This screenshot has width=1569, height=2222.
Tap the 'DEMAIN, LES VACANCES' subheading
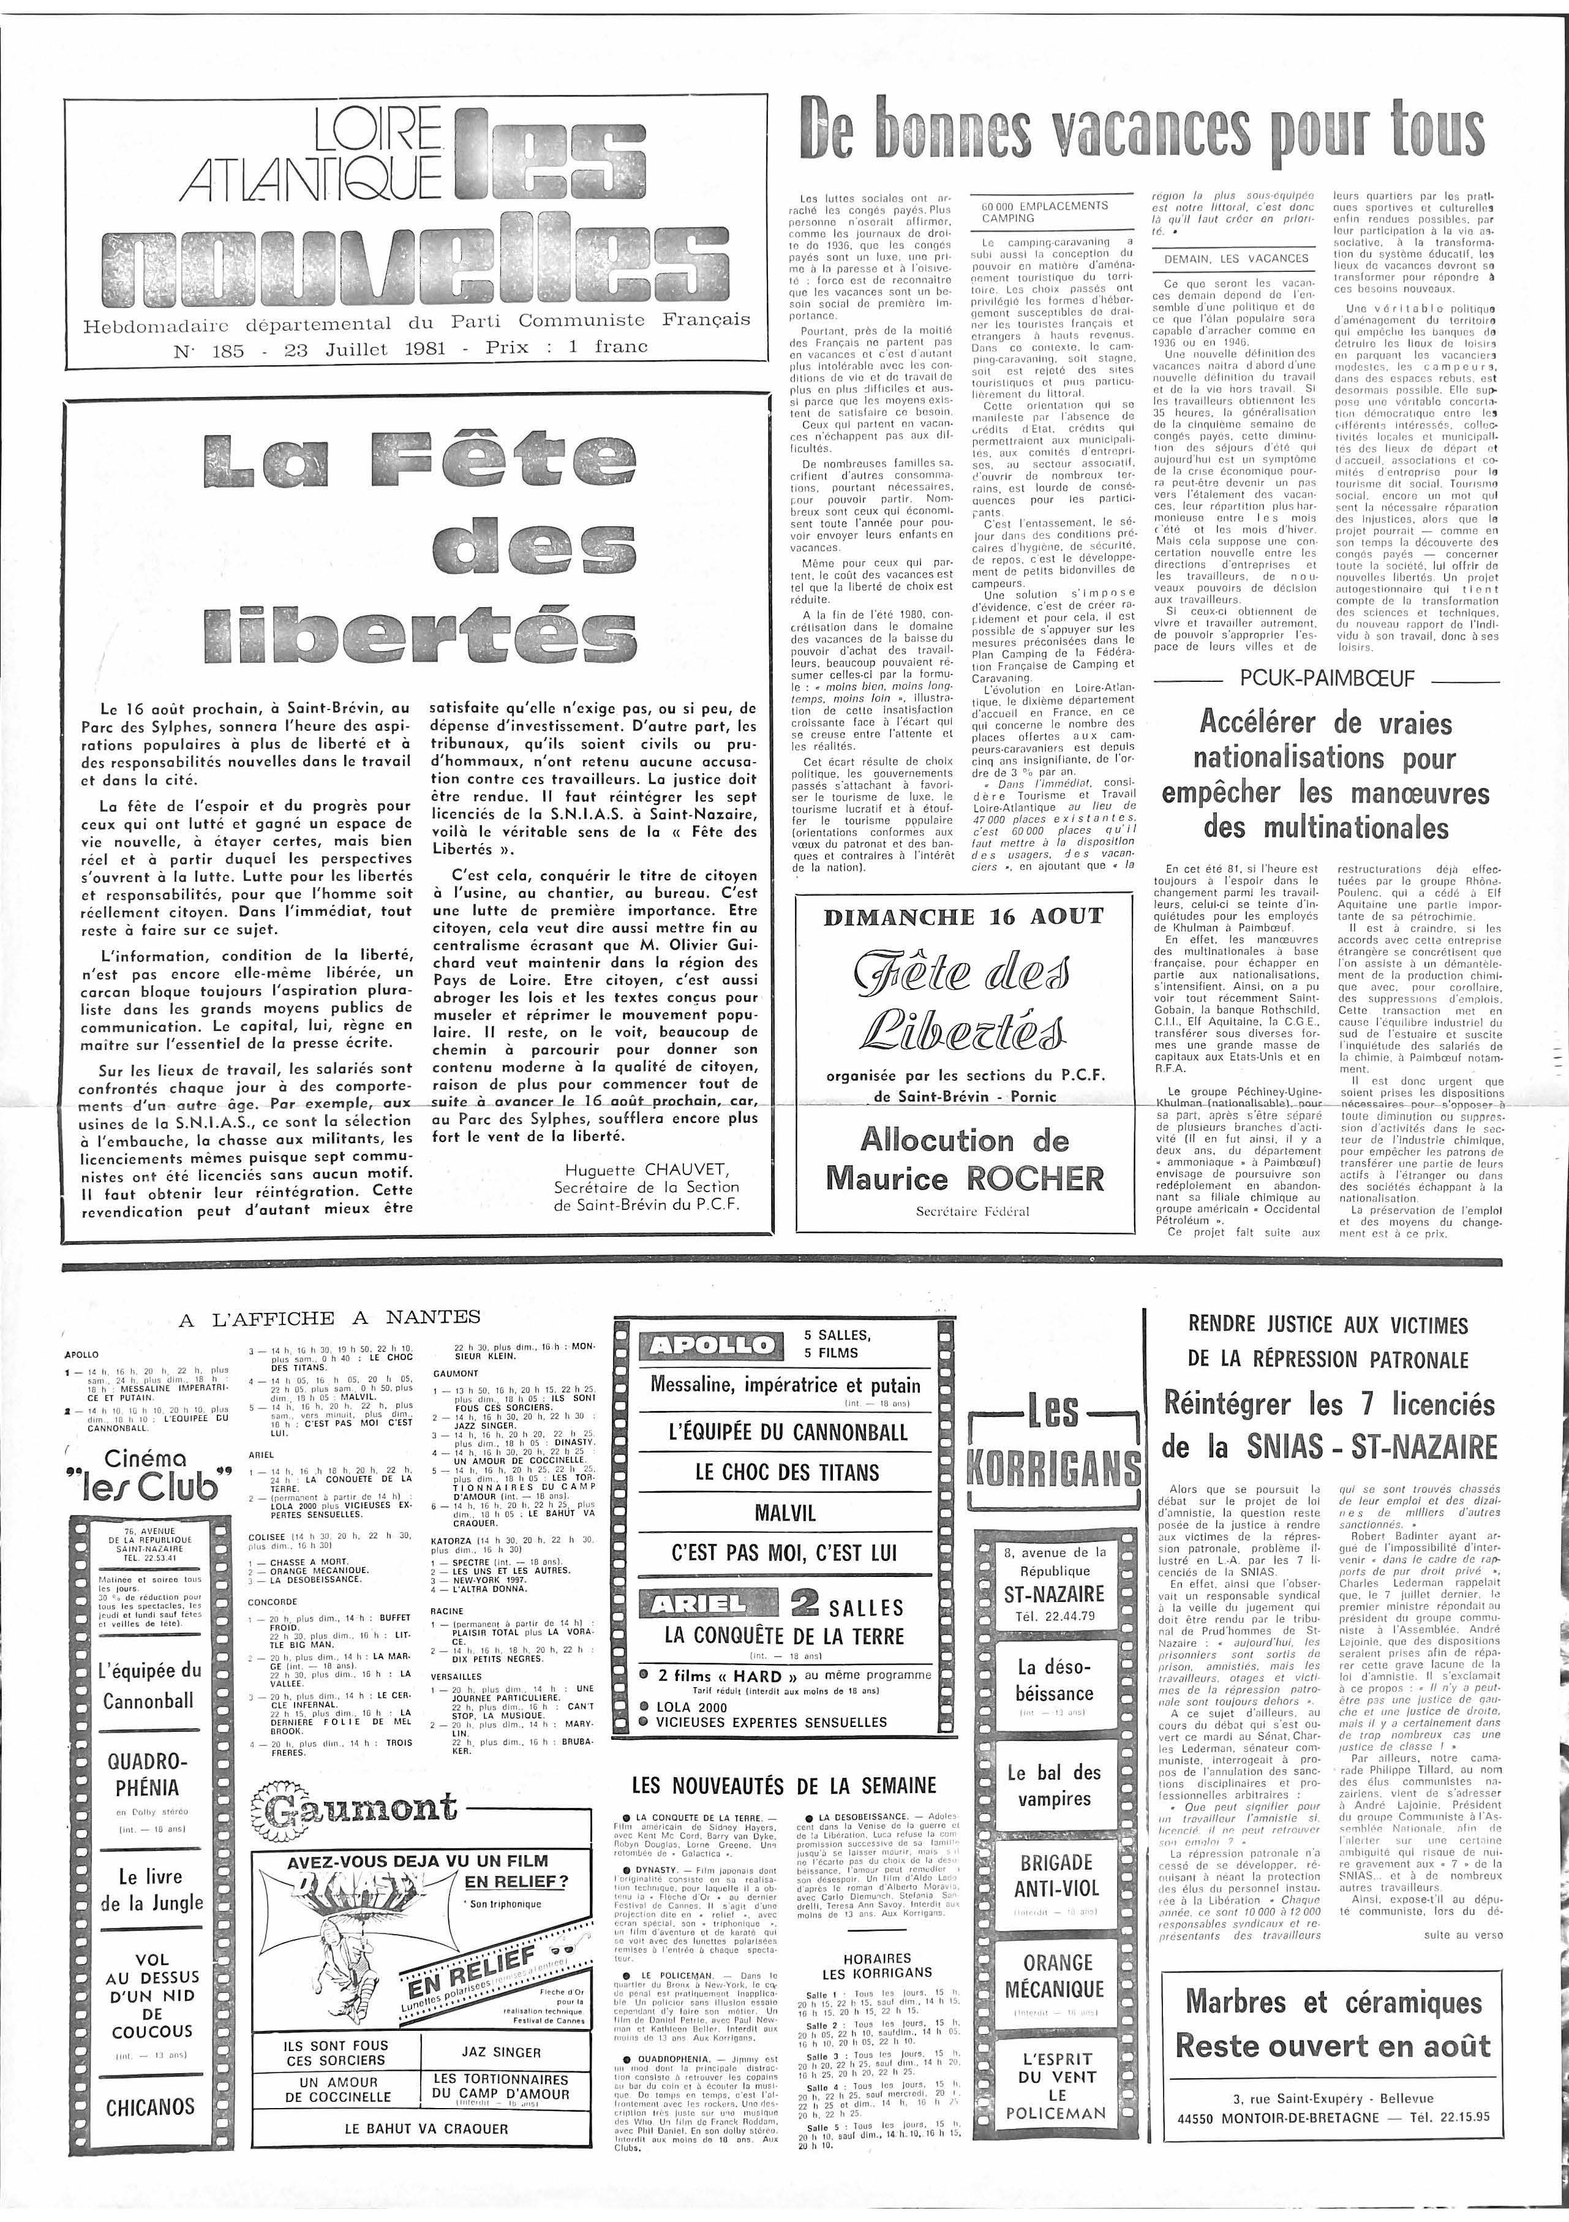click(x=1236, y=259)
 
